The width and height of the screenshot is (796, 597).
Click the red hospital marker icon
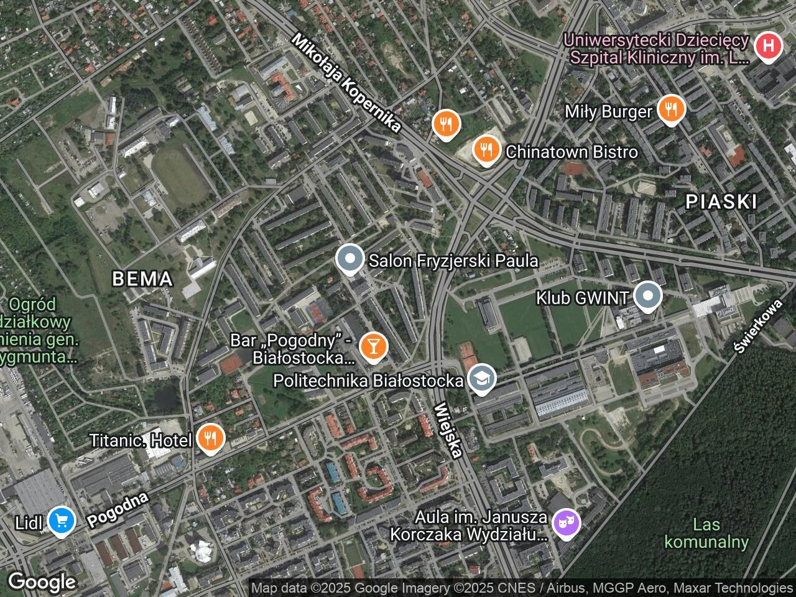click(x=769, y=46)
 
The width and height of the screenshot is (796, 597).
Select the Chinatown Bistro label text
click(x=572, y=152)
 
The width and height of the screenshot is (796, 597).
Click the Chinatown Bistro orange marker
click(x=486, y=149)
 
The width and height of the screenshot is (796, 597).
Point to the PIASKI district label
click(x=721, y=201)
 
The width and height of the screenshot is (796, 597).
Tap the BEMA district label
click(x=142, y=279)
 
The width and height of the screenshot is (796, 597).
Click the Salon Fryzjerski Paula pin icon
click(x=349, y=259)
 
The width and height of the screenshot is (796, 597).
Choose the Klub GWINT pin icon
click(x=648, y=297)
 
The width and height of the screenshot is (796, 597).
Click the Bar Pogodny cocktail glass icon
click(x=373, y=346)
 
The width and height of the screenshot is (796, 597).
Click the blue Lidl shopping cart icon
click(x=61, y=520)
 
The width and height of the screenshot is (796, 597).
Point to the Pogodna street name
click(x=118, y=510)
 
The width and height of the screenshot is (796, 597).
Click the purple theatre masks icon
click(x=566, y=523)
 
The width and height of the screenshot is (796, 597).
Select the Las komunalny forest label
click(x=706, y=534)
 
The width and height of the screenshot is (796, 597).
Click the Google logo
click(x=42, y=582)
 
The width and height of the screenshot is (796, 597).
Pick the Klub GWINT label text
click(x=583, y=298)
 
